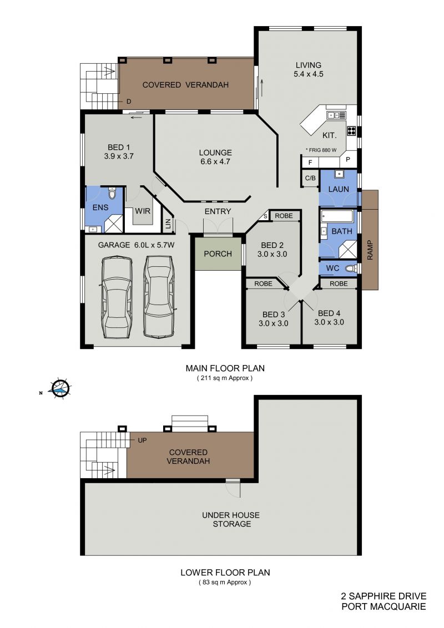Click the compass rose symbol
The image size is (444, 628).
click(x=60, y=388)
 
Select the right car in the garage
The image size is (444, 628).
click(x=159, y=296)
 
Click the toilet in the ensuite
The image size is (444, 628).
click(x=112, y=194)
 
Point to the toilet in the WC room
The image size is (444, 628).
click(x=351, y=268)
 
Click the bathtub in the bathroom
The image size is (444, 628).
click(x=337, y=216)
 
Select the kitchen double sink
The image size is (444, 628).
click(x=336, y=115)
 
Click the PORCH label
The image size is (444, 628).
click(x=218, y=254)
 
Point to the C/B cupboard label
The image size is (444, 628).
click(x=311, y=178)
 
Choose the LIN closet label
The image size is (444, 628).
click(x=168, y=224)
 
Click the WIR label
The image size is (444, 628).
click(x=143, y=211)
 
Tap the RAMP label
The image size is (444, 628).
click(x=370, y=250)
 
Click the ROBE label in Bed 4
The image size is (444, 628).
click(x=339, y=283)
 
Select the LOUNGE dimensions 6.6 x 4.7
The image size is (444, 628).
click(x=215, y=162)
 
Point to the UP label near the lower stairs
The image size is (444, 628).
click(x=142, y=440)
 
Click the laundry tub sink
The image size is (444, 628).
click(x=339, y=174)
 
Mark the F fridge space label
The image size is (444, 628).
click(x=310, y=163)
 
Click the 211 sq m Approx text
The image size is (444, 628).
click(x=225, y=378)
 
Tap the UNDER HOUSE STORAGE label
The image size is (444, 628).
click(x=231, y=519)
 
